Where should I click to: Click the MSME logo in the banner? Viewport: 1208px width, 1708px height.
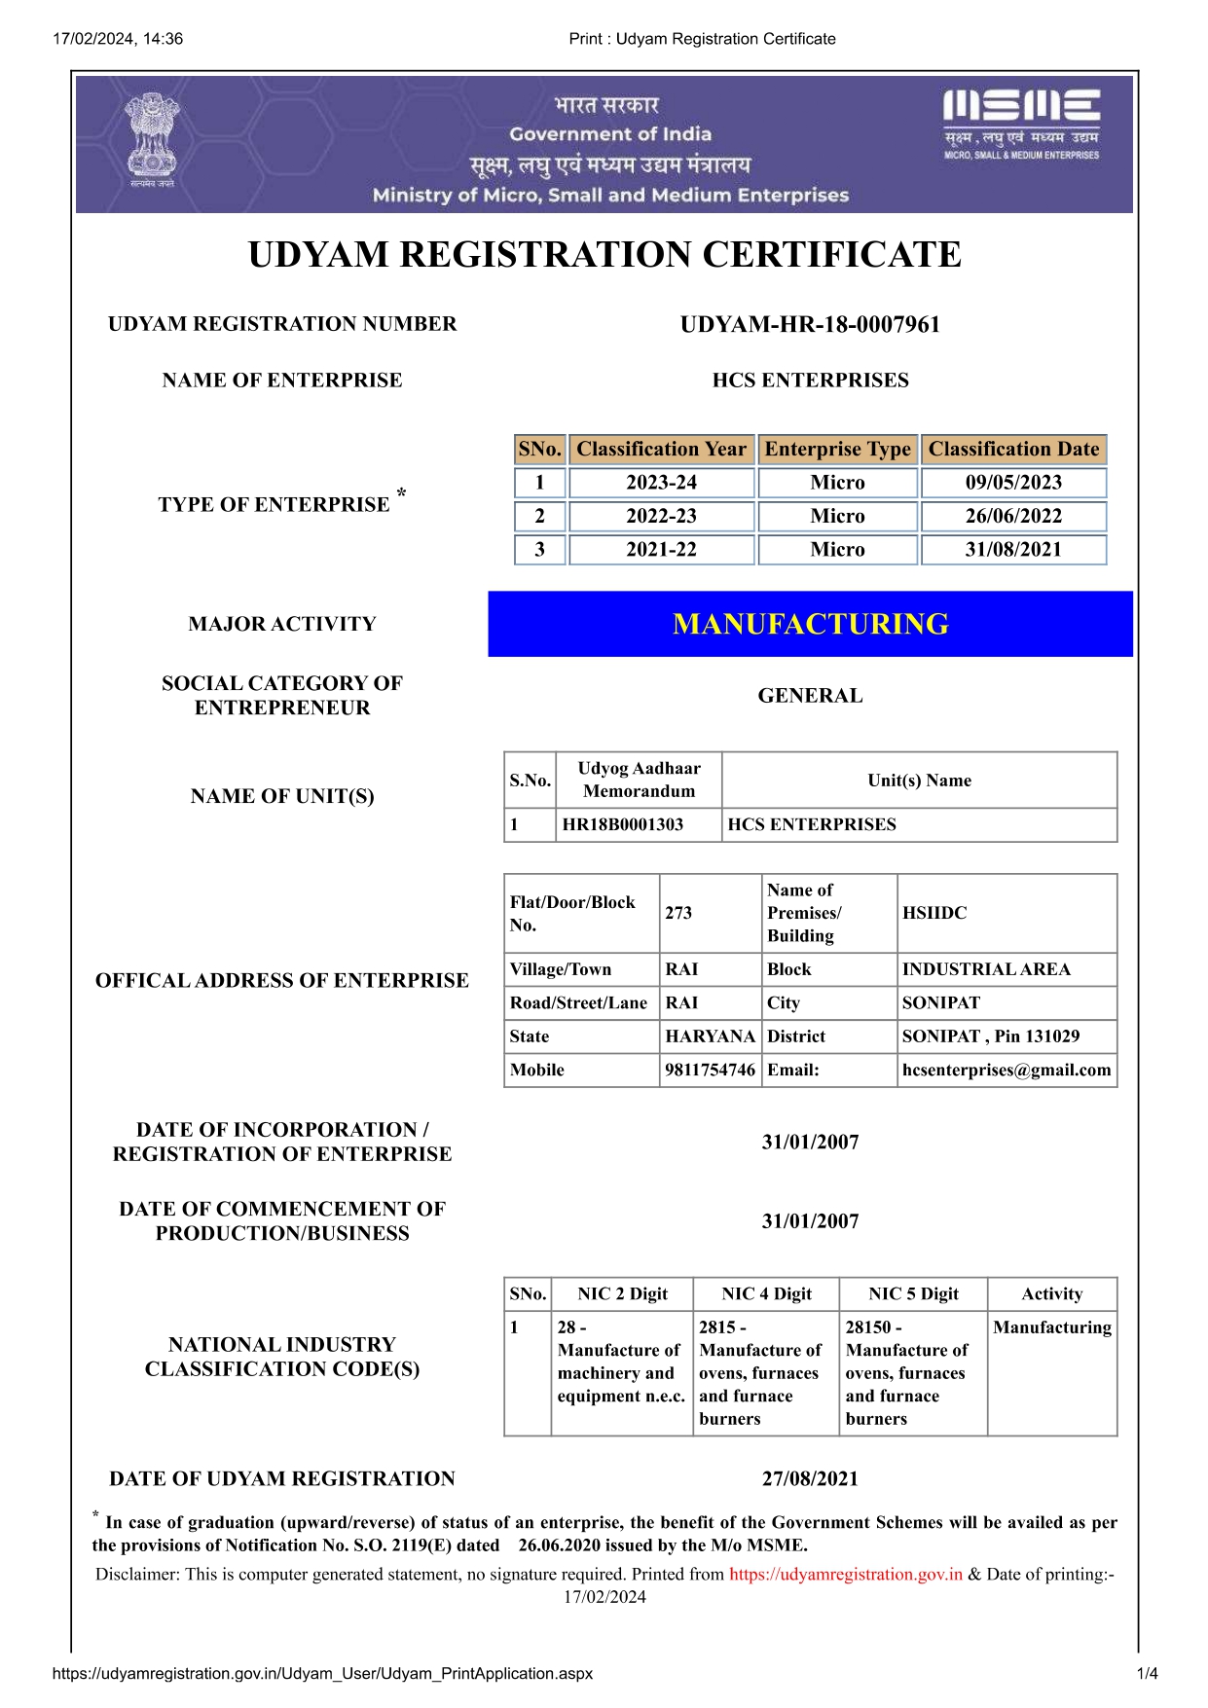tap(1021, 124)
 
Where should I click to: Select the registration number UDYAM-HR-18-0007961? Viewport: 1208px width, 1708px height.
tap(810, 325)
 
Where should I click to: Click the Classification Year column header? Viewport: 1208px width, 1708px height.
tap(661, 450)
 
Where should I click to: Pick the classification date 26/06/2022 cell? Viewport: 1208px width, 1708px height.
tap(1013, 516)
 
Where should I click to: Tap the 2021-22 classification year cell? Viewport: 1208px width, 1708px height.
tap(661, 550)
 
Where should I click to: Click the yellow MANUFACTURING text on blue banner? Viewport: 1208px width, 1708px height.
tap(810, 625)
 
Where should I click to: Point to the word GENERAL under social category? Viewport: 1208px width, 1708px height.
tap(810, 696)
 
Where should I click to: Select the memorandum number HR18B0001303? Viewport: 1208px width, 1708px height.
tap(623, 825)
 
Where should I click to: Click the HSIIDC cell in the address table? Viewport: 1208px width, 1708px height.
tap(934, 913)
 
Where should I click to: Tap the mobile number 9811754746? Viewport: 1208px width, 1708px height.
tap(710, 1071)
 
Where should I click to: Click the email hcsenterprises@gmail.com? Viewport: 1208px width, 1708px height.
tap(1006, 1071)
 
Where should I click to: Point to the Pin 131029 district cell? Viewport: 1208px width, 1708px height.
tap(990, 1036)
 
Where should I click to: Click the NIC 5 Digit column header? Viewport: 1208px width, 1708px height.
tap(913, 1294)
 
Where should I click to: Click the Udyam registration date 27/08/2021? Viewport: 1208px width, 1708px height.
tap(810, 1479)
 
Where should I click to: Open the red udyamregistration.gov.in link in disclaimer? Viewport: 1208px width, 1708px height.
tap(845, 1575)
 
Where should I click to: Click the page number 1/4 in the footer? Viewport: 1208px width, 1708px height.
tap(1147, 1674)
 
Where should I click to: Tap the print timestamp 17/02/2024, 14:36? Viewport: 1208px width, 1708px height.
tap(118, 39)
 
